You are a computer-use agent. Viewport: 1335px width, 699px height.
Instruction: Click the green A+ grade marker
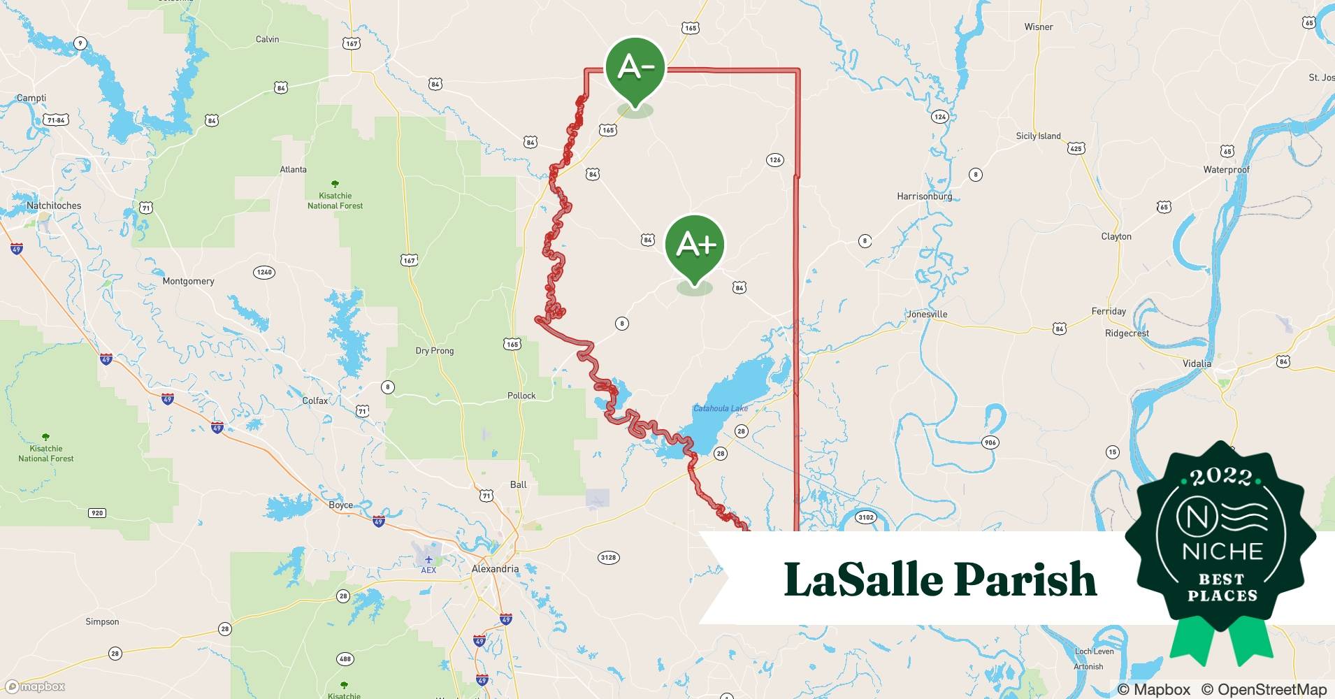tap(695, 244)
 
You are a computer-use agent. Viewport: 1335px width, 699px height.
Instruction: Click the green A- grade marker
tap(635, 67)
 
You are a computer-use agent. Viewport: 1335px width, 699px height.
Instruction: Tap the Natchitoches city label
tap(54, 206)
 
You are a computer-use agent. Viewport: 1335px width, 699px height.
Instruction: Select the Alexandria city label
tap(495, 569)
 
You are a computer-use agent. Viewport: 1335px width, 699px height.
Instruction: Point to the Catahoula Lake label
tap(720, 408)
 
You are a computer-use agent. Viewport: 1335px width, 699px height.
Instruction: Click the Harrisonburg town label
tap(924, 196)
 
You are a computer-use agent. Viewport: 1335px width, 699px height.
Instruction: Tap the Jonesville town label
tap(927, 315)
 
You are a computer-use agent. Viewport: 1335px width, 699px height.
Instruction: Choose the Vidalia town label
tap(1197, 363)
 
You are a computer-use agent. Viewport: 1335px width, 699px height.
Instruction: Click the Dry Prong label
tap(434, 351)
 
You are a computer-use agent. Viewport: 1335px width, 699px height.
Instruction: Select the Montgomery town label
tap(188, 281)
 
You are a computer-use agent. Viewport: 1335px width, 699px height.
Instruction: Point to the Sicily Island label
tap(1038, 136)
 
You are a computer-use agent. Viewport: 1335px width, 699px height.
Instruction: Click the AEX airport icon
tap(428, 559)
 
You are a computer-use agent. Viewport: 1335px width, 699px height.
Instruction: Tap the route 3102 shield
tap(865, 517)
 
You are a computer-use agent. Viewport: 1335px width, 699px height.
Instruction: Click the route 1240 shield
tap(264, 272)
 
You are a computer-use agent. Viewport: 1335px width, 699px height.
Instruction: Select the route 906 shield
tap(990, 442)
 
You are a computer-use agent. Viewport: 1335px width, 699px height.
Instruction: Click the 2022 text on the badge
tap(1221, 477)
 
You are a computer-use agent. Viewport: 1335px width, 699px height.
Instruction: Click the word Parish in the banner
tap(1025, 579)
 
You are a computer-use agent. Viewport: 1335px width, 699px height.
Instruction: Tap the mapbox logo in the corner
tap(35, 686)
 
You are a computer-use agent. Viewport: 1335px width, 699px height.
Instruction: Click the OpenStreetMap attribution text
tap(1264, 689)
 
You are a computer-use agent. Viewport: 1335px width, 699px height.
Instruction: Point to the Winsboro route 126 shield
tap(774, 160)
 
